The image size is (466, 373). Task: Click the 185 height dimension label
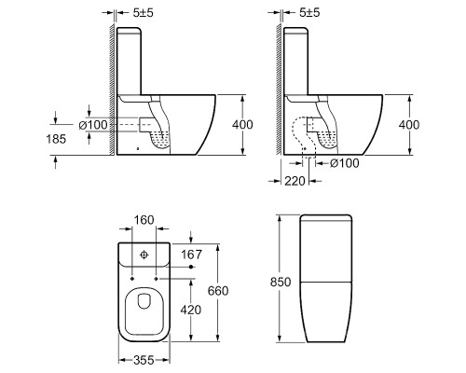(56, 139)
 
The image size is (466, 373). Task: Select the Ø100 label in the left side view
(93, 125)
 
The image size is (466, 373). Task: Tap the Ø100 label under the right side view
(344, 163)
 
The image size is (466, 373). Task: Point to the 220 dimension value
(295, 181)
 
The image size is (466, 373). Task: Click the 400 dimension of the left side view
(242, 125)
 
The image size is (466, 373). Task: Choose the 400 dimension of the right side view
(409, 125)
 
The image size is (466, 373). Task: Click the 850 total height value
(281, 282)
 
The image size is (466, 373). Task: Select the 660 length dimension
(218, 291)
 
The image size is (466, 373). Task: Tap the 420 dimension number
(191, 310)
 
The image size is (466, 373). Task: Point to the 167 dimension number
(192, 255)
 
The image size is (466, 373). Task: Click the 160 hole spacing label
(144, 220)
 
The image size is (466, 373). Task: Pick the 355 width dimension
(144, 360)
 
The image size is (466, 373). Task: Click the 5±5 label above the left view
(144, 13)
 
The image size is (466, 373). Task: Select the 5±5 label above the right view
(309, 13)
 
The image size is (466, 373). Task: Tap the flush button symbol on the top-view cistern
(144, 255)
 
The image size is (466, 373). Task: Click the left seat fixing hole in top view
(132, 279)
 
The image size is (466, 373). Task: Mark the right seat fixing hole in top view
(157, 279)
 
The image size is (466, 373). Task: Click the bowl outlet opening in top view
(144, 301)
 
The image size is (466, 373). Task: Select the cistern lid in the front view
(326, 217)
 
